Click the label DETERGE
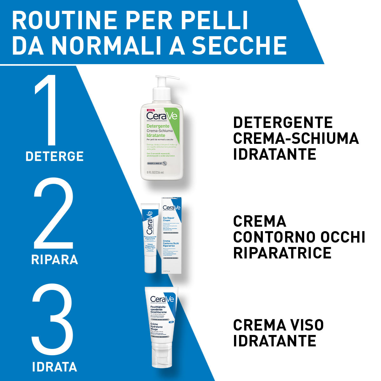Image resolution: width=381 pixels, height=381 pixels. point(54,156)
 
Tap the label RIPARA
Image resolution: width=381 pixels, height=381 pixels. point(55,259)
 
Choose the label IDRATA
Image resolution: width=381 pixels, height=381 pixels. point(55,367)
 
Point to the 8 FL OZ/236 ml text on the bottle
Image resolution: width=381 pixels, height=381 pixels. point(155,172)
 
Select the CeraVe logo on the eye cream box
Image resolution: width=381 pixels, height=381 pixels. point(171,208)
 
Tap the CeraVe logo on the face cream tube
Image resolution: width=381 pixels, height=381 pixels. point(162,299)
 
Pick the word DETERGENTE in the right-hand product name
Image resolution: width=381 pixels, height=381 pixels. point(283,123)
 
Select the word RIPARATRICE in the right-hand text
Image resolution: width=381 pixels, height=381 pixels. point(282,253)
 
